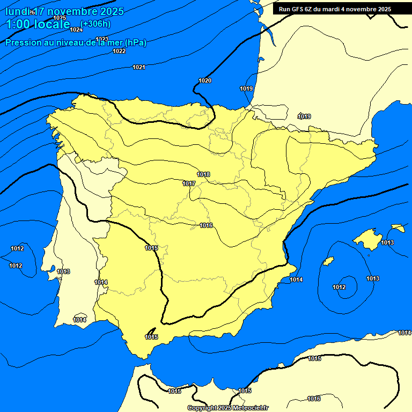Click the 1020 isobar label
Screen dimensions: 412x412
205,80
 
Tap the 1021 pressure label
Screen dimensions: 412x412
138,67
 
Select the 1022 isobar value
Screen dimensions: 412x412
119,51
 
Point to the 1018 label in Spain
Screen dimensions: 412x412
203,174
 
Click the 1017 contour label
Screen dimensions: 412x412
188,183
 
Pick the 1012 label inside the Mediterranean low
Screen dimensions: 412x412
339,287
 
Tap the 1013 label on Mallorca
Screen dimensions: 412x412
387,243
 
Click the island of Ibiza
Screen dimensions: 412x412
328,261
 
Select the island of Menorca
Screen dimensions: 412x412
398,228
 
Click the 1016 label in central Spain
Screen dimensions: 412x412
206,225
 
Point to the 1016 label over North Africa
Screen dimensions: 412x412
314,399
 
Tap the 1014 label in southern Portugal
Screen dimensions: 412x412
79,320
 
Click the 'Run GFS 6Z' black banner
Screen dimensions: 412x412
335,9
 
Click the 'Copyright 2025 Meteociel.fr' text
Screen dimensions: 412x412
227,408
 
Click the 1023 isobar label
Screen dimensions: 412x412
102,39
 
